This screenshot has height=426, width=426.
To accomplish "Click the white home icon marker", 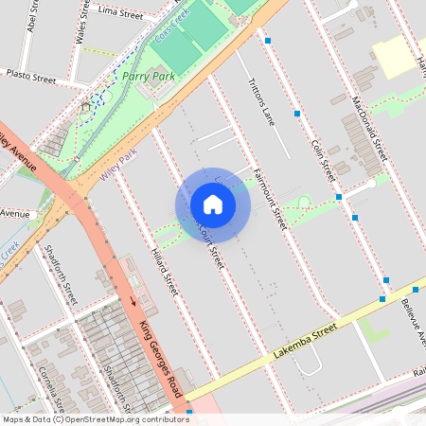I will tap(213, 204).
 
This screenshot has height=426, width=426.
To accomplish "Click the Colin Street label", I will tap(323, 157).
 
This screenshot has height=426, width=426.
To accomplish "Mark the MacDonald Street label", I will tap(369, 127).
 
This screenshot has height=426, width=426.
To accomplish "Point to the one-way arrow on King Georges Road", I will tap(133, 302).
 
